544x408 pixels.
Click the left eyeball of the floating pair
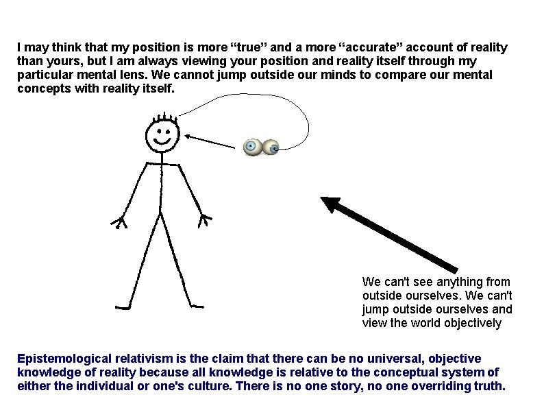point(251,145)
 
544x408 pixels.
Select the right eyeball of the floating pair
point(272,147)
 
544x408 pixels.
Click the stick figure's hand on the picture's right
point(204,220)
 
